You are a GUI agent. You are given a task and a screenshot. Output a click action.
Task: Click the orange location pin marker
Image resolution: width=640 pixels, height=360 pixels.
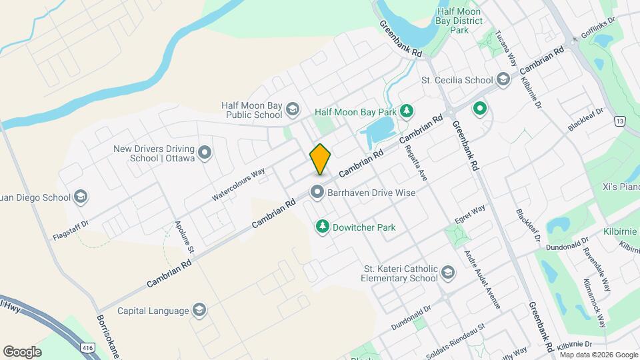pos(321,159)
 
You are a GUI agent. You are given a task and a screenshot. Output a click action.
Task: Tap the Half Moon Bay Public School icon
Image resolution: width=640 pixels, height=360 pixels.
pos(291,109)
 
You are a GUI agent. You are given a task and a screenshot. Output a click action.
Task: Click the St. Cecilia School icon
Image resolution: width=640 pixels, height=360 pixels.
pos(502,80)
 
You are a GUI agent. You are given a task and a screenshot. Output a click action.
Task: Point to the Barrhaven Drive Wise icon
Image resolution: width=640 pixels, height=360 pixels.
pos(317,193)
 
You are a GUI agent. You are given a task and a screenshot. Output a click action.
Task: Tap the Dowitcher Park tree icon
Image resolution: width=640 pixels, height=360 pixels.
pos(323,227)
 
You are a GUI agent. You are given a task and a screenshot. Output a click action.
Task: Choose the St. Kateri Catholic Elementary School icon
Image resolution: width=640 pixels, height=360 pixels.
pos(448,273)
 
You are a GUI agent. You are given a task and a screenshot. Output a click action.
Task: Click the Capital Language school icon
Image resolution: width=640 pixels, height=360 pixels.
pos(199,310)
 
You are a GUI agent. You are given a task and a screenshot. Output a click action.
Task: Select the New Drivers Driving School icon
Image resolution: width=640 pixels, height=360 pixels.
pos(205,153)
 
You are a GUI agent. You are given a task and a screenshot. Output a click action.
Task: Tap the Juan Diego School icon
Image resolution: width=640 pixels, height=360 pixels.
pos(80,197)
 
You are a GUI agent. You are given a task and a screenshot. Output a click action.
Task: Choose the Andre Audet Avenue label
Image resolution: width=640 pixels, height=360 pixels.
pos(482,279)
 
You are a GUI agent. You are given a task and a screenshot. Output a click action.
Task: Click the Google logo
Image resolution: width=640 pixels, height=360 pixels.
pos(22,351)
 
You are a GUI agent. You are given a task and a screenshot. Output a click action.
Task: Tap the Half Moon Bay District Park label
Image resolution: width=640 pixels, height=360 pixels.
pos(460,20)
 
